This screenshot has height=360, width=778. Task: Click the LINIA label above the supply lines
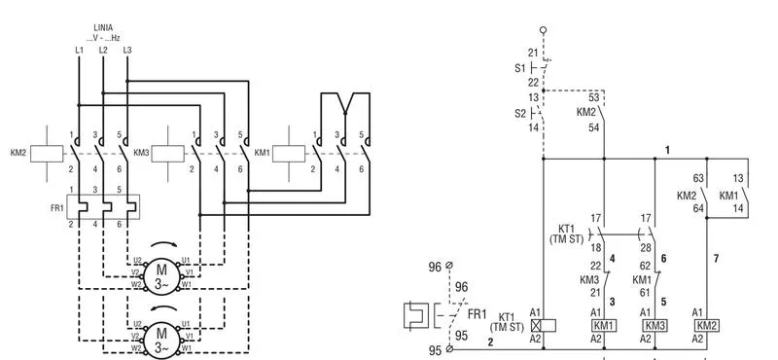pos(103,28)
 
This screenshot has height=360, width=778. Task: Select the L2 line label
pos(103,51)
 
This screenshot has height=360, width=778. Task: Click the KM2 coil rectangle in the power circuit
pos(47,154)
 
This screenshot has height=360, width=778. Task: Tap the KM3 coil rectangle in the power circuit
pos(167,154)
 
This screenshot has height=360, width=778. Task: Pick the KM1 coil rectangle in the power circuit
pos(289,154)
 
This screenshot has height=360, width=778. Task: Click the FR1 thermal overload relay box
pos(103,206)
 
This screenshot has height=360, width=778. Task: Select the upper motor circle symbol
pos(161,272)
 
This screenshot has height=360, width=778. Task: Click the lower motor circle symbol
pos(161,340)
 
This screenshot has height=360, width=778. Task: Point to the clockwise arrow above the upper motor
pos(162,243)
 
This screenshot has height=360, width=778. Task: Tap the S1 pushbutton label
pos(519,68)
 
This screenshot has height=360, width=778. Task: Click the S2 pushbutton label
pos(519,113)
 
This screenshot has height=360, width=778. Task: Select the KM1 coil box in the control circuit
pos(604,326)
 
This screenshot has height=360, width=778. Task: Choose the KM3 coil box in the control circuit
pos(654,326)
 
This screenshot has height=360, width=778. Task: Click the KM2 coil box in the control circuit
pos(707,326)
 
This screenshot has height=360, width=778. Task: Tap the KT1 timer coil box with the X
pos(543,326)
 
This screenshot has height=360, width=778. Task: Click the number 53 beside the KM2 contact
pos(593,97)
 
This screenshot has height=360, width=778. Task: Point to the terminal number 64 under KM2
pos(698,208)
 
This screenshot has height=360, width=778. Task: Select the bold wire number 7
pos(716,258)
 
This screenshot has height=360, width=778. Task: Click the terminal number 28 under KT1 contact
pos(645,248)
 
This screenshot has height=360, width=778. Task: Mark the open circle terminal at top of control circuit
pos(543,30)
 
